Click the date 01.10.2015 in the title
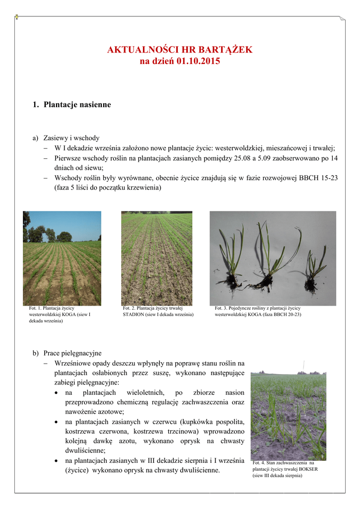[198, 62]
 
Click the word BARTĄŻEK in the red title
[226, 50]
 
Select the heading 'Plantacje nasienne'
[77, 105]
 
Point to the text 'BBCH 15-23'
[321, 178]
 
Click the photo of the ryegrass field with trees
[62, 258]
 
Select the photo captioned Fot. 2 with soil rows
[156, 258]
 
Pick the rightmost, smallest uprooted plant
[313, 270]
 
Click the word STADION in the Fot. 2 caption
[134, 315]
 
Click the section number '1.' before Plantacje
[35, 105]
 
